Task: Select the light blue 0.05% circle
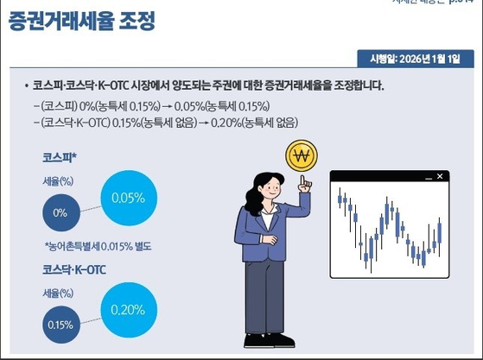[x=128, y=199]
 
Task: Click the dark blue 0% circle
[x=60, y=212]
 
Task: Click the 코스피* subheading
[x=60, y=159]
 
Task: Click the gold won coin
[x=302, y=156]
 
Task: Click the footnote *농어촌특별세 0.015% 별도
[x=98, y=246]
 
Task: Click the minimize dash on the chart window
[x=426, y=177]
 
